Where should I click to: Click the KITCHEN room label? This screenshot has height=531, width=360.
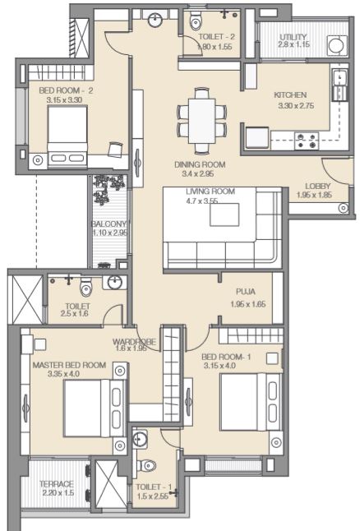point(290,95)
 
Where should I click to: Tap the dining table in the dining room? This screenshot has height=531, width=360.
point(202,121)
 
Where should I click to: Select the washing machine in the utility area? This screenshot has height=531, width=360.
point(337,45)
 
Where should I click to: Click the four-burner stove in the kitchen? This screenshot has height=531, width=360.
point(307,141)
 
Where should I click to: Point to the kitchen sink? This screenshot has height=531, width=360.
point(339,79)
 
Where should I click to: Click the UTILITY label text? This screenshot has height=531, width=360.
point(293,36)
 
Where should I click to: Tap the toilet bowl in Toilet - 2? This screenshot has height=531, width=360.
point(196,21)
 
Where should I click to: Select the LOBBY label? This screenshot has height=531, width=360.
point(317,187)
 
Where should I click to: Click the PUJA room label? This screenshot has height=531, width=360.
point(246,292)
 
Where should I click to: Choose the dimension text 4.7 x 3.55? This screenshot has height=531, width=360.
point(202,201)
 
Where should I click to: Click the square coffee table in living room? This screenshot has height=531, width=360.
point(224,215)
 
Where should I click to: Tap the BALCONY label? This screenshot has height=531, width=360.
point(108,224)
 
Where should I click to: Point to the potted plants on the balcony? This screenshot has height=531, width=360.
point(108,190)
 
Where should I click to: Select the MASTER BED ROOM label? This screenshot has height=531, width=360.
point(69,365)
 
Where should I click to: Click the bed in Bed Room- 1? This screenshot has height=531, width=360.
point(252,402)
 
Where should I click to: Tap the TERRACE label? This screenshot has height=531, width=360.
point(56,484)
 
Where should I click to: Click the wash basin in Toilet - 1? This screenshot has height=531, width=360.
point(140,439)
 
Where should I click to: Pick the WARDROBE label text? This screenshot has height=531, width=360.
point(134,342)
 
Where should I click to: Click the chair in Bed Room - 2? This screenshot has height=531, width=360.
point(115,150)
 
